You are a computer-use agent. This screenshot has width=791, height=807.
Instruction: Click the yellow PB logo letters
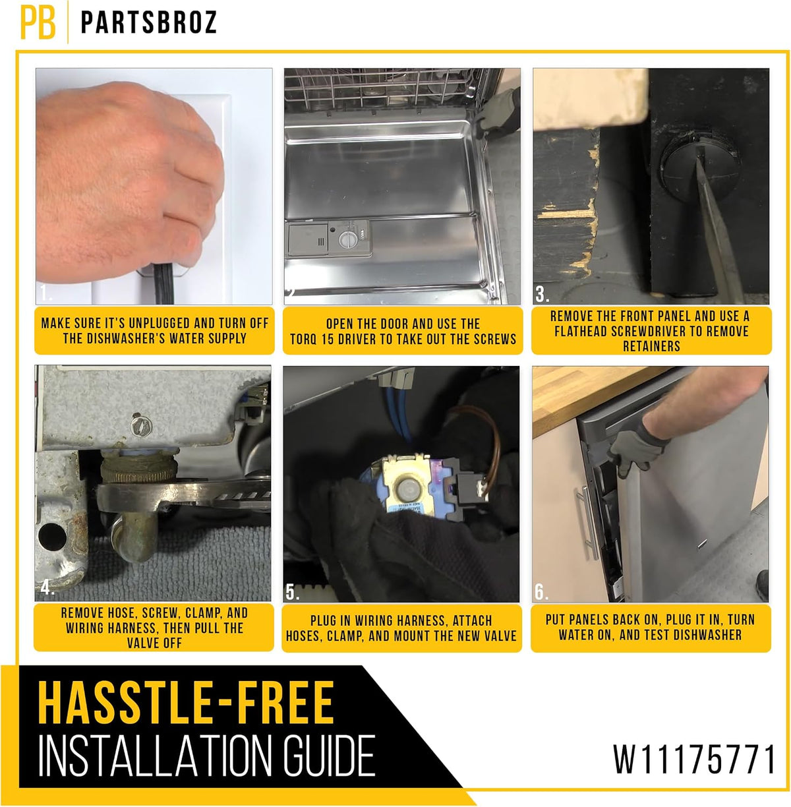tap(38, 22)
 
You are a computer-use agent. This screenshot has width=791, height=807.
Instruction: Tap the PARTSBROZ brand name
tap(149, 22)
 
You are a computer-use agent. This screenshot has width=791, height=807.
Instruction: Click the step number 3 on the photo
tap(542, 294)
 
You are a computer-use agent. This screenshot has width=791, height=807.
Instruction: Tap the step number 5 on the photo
tap(292, 592)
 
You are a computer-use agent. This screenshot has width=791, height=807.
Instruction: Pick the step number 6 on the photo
tap(541, 592)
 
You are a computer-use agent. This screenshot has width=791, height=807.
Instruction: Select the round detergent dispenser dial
tap(347, 240)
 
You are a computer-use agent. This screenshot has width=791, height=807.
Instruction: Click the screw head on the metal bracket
tap(140, 426)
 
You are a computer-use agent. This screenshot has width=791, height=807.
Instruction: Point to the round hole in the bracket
tap(52, 537)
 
